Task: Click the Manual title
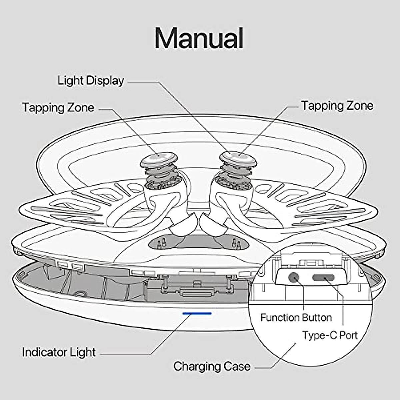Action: (x=199, y=38)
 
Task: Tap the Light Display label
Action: (x=91, y=81)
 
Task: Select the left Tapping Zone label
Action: (x=58, y=108)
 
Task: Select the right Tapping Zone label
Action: (x=337, y=106)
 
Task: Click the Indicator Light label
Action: (x=59, y=352)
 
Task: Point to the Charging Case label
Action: (x=212, y=366)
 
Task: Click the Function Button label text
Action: (x=296, y=317)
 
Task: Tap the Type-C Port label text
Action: (x=330, y=335)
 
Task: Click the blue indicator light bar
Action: (x=197, y=313)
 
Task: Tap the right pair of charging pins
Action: (x=236, y=243)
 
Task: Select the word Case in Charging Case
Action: (x=237, y=366)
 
